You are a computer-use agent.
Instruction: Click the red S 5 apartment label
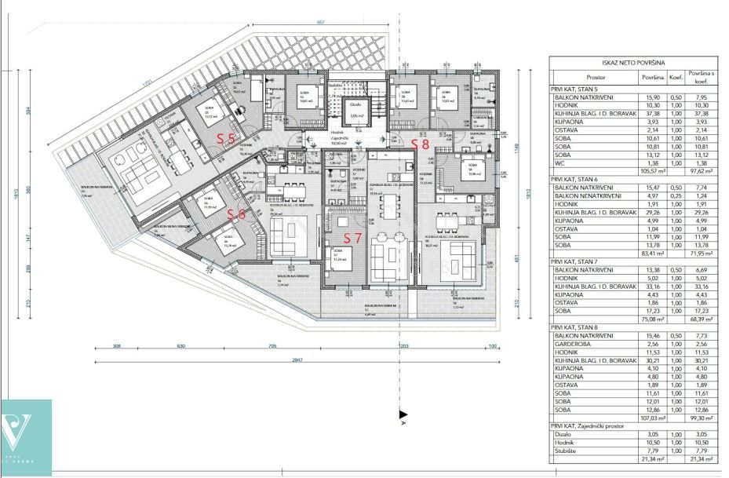(x=227, y=137)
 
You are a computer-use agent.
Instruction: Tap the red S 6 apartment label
(x=236, y=213)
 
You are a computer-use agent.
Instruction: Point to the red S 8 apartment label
(x=421, y=144)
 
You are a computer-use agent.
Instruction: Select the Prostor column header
(x=595, y=78)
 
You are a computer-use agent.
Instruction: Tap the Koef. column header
(x=675, y=78)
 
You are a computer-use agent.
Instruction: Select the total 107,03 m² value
(x=654, y=419)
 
